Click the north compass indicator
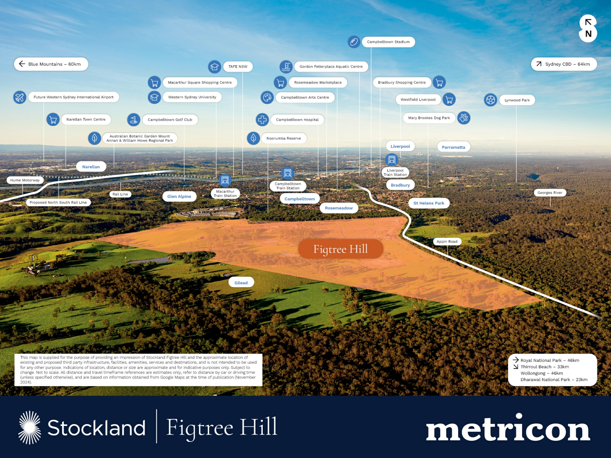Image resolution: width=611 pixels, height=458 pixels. pos(588,29)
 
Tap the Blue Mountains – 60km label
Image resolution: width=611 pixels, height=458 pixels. pos(51,64)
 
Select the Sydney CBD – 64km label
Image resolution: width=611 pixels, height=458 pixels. pos(564,64)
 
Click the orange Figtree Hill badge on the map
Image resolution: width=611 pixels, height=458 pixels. pos(340,249)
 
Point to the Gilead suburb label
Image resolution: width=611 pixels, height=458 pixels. pos(241,282)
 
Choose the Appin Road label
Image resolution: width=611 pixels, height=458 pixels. pos(447,241)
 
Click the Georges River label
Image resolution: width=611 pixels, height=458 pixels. pos(550,192)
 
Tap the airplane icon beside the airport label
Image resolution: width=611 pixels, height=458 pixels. pos(20,97)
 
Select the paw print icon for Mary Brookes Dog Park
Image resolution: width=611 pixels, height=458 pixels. pos(464,118)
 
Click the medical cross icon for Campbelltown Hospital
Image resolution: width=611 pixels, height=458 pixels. pos(262,119)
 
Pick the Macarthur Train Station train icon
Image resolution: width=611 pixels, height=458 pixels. pos(225,180)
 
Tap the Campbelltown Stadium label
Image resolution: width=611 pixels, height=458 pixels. pos(388,42)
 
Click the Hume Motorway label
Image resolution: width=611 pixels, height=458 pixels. pos(25,180)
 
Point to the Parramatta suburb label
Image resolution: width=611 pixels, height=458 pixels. pos(453,147)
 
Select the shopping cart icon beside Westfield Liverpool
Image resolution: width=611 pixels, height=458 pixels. pos(449,99)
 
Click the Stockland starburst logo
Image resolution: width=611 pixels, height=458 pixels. pos(30,427)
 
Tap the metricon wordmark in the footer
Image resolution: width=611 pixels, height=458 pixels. pos(508,428)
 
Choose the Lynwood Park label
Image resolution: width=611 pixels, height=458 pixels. pos(517,100)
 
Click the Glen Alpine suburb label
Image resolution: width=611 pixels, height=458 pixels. pos(179,196)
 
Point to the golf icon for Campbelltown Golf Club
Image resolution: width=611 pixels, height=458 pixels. pos(134,119)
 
